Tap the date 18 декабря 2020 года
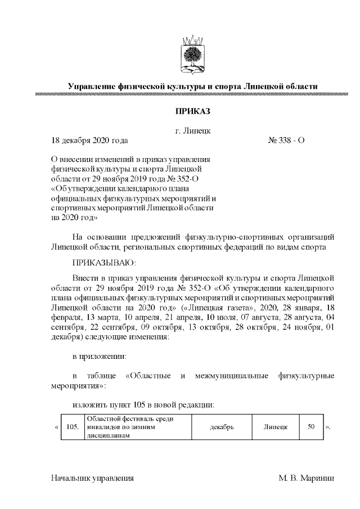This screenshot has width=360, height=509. point(89,140)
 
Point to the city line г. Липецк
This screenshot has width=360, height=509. point(192,130)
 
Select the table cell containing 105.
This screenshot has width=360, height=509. point(72,427)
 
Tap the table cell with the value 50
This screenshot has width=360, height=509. point(310,427)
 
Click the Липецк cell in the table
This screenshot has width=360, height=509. point(276,427)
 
